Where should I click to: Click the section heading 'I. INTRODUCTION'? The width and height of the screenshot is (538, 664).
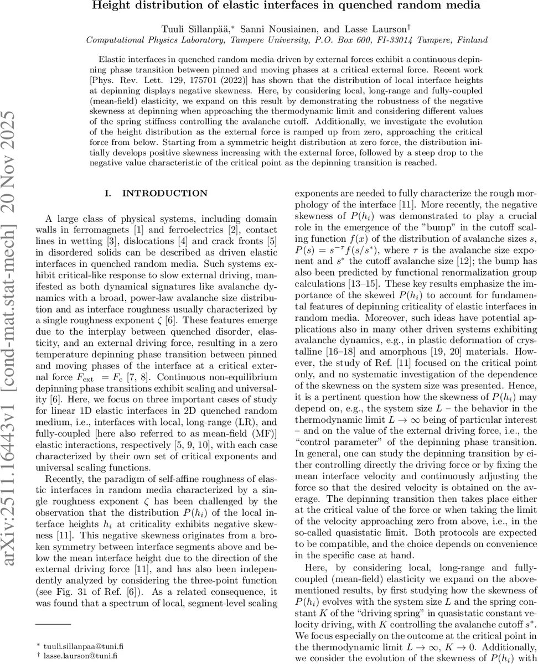156,193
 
